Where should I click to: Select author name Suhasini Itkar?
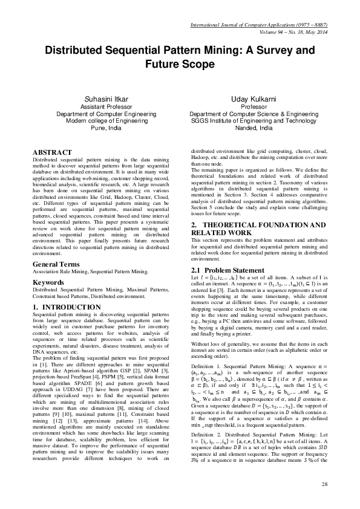click(x=106, y=99)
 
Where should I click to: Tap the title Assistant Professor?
click(x=106, y=106)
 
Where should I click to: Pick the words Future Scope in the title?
click(x=180, y=63)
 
